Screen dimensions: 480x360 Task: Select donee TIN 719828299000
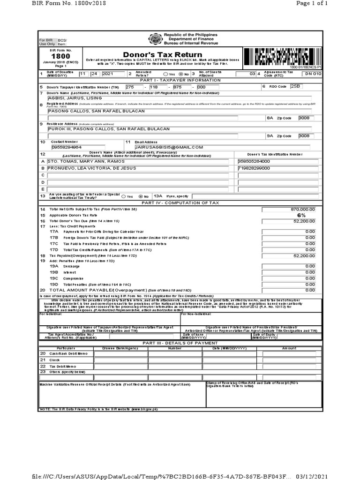(254, 167)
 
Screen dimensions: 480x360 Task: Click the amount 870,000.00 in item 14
(303, 209)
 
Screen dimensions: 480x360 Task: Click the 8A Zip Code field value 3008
(304, 119)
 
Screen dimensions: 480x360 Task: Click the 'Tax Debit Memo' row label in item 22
(64, 366)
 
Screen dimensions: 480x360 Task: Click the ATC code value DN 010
(313, 74)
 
